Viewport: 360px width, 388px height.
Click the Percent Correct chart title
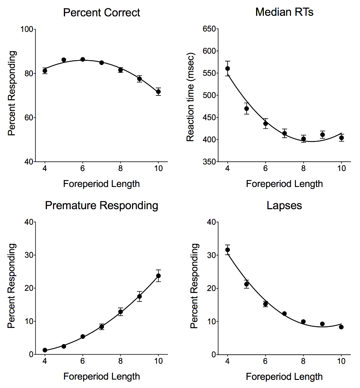[x=101, y=13]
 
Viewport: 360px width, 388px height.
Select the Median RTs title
[x=284, y=12]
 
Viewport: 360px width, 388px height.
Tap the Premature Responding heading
[x=101, y=205]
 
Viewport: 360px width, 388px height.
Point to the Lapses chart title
[x=284, y=205]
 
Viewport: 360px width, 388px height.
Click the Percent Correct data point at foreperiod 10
[x=158, y=92]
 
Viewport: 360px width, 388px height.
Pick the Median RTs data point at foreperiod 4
[x=228, y=69]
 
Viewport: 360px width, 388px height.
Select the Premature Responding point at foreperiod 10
[x=158, y=276]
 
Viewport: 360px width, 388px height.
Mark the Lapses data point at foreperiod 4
[x=228, y=250]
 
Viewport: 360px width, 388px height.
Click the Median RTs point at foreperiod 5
[x=247, y=109]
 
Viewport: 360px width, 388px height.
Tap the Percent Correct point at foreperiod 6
[x=83, y=59]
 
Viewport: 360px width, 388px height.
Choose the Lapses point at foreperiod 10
[x=341, y=327]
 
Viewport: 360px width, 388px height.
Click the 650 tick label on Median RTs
[x=209, y=29]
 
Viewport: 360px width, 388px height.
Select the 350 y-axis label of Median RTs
[x=209, y=162]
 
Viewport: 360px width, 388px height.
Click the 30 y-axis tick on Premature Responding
[x=28, y=255]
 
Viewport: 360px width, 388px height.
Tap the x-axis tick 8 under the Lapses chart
[x=303, y=361]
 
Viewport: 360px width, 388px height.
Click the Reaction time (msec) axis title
[x=190, y=97]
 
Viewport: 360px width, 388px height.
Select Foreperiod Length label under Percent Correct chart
[x=101, y=184]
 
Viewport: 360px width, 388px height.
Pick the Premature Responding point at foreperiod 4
[x=45, y=350]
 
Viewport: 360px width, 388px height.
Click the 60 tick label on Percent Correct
[x=28, y=118]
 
